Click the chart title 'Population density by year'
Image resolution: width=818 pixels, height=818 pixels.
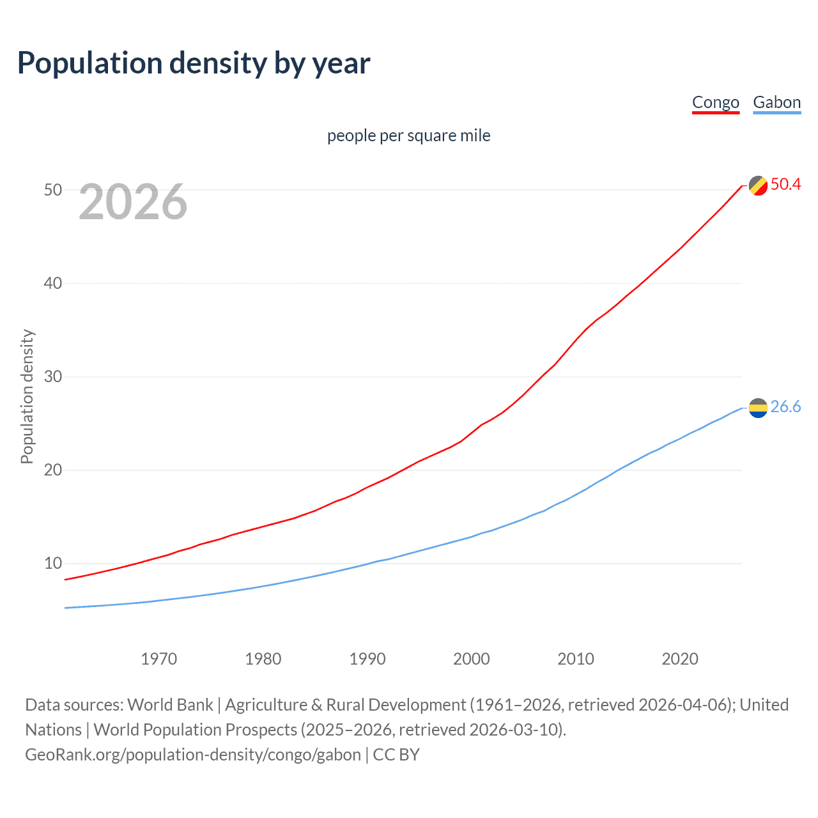[194, 63]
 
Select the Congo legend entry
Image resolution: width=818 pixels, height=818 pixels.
[715, 102]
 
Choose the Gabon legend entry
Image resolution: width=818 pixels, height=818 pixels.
[776, 102]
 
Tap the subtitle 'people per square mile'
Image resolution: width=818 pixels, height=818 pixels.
[408, 135]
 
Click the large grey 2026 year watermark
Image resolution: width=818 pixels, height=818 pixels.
[133, 203]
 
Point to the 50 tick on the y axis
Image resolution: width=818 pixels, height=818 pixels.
[53, 190]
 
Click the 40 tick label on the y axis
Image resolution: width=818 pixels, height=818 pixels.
[53, 283]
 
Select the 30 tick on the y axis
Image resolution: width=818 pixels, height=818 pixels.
[53, 376]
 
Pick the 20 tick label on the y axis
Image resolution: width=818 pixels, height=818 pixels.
[53, 470]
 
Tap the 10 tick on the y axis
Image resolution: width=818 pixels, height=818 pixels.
[53, 563]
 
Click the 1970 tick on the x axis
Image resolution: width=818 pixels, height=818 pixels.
[158, 659]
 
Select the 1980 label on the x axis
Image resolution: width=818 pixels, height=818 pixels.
[263, 659]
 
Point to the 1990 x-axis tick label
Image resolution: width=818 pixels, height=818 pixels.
[367, 659]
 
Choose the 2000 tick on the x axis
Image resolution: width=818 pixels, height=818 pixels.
[472, 659]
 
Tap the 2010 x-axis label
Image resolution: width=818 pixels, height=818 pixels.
[576, 659]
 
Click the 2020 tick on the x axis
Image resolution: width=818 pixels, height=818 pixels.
[680, 659]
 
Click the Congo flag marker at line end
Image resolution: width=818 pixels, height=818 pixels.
[758, 185]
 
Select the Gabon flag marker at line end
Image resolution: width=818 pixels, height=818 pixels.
[758, 407]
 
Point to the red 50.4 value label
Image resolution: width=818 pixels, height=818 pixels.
[785, 185]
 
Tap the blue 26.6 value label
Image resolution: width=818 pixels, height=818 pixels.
[785, 407]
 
